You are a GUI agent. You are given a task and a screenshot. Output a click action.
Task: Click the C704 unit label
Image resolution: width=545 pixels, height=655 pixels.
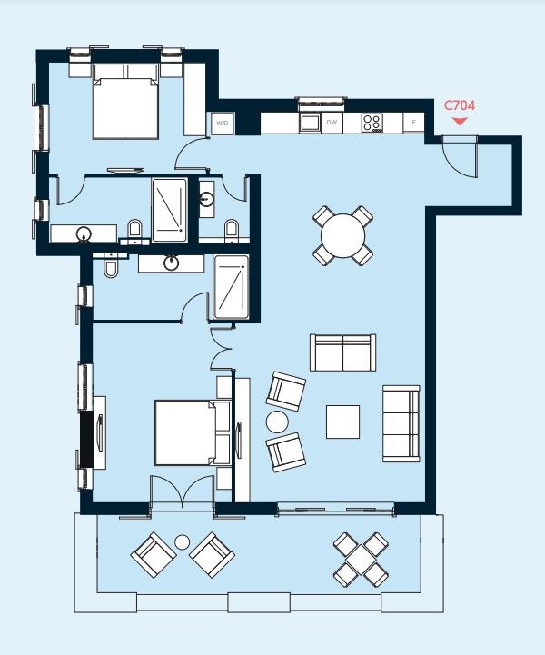pos(459,105)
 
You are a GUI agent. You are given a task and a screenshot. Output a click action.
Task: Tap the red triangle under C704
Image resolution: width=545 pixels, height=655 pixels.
pos(460,120)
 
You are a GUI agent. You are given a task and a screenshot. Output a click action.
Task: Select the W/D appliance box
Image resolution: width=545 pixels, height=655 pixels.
pos(222,123)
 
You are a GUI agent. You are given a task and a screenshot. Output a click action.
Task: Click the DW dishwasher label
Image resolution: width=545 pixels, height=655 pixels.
pos(332,122)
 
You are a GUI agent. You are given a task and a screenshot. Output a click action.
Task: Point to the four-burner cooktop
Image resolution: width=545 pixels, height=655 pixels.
pos(372,122)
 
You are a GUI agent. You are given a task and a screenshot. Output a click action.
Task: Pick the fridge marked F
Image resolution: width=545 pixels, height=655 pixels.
pos(414,122)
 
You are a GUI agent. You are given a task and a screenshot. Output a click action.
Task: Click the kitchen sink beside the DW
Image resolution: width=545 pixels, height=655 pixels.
pos(310,122)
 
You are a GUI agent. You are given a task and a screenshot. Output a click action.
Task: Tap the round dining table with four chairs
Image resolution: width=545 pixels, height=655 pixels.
pos(342,236)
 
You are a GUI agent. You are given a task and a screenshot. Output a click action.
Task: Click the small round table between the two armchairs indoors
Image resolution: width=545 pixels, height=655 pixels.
pos(276,422)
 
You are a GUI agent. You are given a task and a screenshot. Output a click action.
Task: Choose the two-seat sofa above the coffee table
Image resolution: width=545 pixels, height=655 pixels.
pos(342,352)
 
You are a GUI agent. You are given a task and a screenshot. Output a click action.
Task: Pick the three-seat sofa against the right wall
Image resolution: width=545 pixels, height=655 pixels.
pos(401,422)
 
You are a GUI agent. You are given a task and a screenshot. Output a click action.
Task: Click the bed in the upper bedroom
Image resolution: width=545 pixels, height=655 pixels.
pos(125,107)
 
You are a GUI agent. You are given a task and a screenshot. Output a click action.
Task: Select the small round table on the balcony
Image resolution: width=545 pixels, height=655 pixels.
pos(182,542)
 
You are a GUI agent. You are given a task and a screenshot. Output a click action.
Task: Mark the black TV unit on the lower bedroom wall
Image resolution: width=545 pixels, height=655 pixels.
pos(87,439)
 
